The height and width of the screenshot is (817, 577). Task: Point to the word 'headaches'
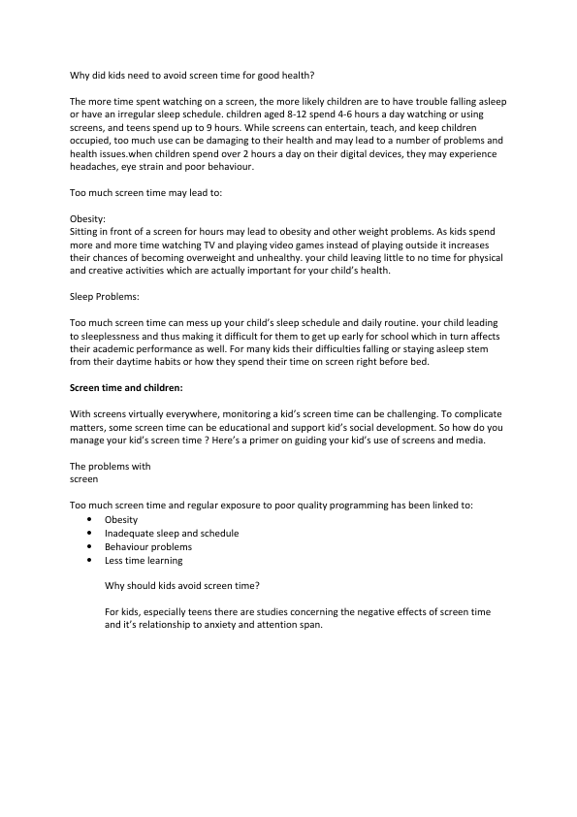coord(98,167)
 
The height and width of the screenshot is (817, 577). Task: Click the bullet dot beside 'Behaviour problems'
coord(89,546)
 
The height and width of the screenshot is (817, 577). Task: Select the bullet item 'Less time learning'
coord(144,560)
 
